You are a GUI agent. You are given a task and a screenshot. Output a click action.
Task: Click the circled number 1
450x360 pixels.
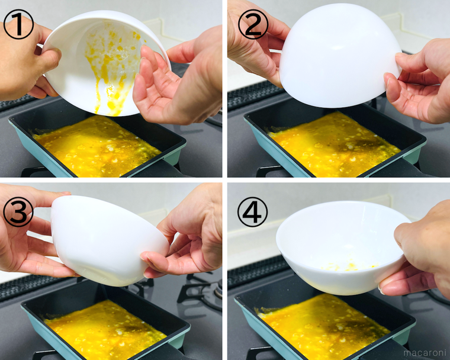(19, 24)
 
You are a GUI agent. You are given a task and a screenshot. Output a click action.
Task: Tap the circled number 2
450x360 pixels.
(253, 24)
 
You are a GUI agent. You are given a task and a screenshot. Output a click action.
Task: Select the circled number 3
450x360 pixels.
(18, 212)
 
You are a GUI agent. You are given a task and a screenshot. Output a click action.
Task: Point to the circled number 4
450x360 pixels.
(253, 212)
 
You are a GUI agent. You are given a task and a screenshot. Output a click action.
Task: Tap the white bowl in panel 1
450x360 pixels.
(106, 62)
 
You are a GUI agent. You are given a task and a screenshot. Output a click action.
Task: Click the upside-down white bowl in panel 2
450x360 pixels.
(340, 56)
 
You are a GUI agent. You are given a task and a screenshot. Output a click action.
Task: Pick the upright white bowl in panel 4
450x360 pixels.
(343, 247)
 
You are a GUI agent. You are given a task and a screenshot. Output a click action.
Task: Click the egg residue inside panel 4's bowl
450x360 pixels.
(349, 266)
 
